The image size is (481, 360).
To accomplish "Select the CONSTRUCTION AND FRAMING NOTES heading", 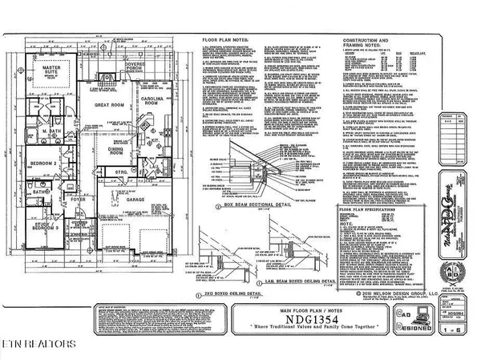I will [347, 42].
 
